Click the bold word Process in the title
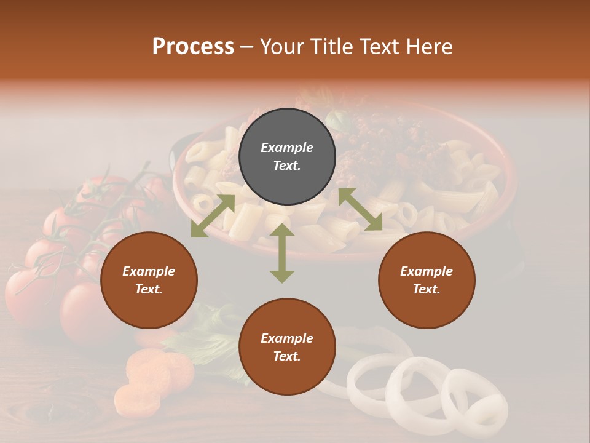click(193, 47)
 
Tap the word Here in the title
click(430, 47)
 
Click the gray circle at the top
click(287, 156)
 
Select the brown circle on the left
click(149, 280)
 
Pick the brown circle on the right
click(427, 280)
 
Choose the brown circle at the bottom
click(287, 347)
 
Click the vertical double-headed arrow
click(282, 253)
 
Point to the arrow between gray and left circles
click(213, 215)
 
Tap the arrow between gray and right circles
click(360, 209)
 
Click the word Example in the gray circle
click(287, 148)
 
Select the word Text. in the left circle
click(149, 289)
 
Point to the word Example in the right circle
click(427, 271)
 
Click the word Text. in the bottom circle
click(287, 356)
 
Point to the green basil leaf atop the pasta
click(337, 119)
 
